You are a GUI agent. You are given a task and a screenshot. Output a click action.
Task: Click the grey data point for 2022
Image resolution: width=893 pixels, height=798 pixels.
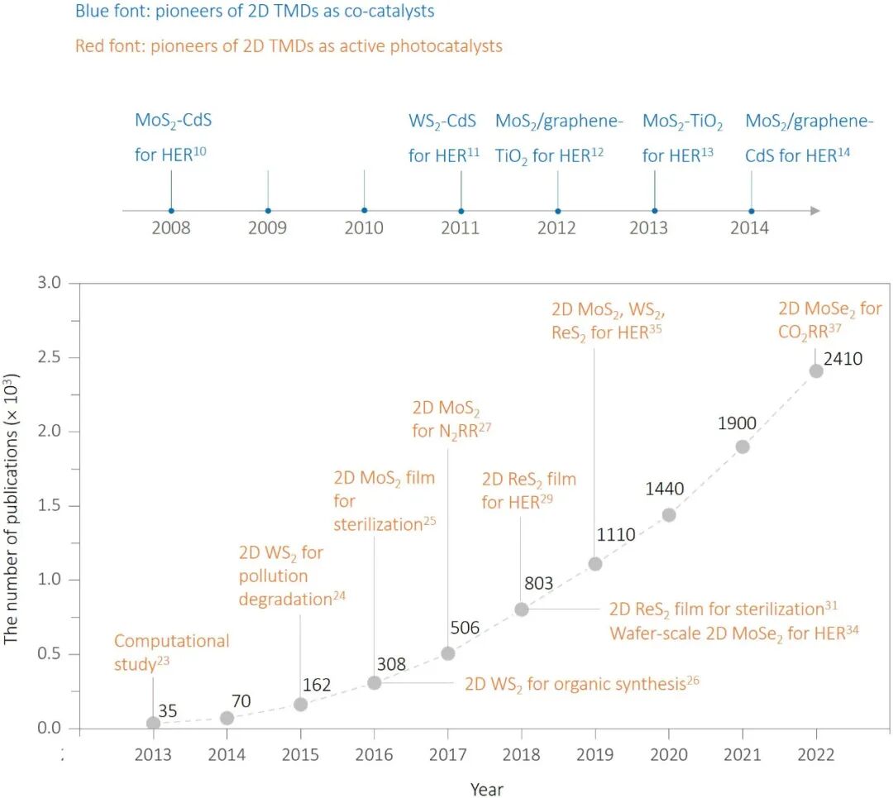816,370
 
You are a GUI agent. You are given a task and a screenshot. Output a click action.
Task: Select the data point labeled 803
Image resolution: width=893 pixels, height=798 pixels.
522,609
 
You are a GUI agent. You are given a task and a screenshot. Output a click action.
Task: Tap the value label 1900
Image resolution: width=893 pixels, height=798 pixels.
737,424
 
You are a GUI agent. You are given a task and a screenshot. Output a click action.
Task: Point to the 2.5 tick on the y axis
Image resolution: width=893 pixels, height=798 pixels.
50,357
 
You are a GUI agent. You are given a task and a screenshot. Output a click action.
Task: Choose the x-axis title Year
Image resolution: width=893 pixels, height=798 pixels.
486,789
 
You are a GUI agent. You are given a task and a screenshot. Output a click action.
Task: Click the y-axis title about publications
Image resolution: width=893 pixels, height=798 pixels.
12,506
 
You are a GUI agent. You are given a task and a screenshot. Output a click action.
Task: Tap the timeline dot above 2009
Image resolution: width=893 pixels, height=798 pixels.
268,210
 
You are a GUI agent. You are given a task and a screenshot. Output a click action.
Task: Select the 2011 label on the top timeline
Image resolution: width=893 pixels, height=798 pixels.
460,228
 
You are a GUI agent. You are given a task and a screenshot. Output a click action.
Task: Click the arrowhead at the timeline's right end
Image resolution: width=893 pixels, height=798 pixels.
815,210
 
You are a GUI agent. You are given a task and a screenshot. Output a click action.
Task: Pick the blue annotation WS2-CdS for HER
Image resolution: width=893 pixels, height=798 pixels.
444,137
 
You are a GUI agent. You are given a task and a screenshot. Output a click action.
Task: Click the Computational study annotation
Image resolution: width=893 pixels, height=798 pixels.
171,652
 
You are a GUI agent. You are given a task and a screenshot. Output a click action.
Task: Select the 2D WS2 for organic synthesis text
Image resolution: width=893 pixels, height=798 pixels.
576,684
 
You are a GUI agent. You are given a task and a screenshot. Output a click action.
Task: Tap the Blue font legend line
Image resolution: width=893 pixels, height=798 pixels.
255,12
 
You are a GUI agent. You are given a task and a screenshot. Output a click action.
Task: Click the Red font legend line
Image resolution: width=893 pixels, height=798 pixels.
289,45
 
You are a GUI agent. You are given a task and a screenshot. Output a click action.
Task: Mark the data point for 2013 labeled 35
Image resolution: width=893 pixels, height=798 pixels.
153,723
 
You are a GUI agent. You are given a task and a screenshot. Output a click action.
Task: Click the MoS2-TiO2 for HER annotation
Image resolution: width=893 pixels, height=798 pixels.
683,137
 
